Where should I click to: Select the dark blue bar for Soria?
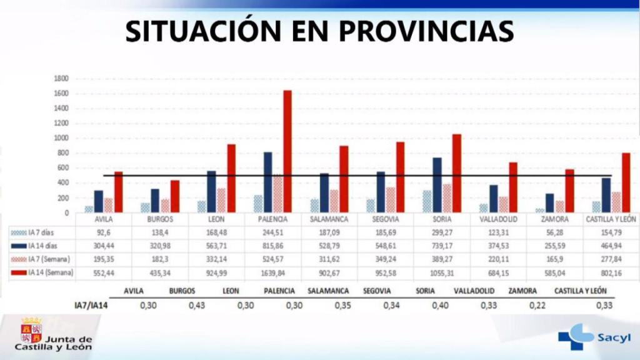point(437,185)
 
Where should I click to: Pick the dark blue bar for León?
point(212,191)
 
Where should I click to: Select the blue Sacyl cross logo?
point(574,336)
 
